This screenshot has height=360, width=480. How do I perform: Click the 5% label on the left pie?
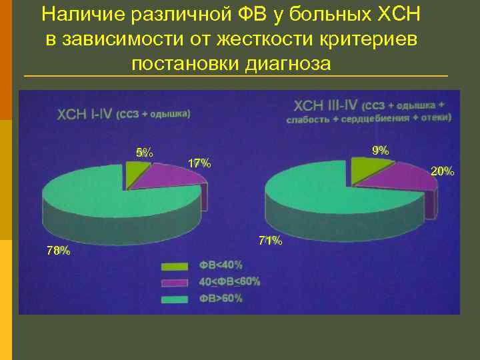tap(144, 153)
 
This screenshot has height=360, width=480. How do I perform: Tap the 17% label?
tap(199, 163)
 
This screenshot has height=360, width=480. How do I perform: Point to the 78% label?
tap(58, 251)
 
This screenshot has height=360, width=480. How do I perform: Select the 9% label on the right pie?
tap(381, 151)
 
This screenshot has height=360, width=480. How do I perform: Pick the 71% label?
tap(270, 241)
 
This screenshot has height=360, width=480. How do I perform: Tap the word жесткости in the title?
tap(264, 39)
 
